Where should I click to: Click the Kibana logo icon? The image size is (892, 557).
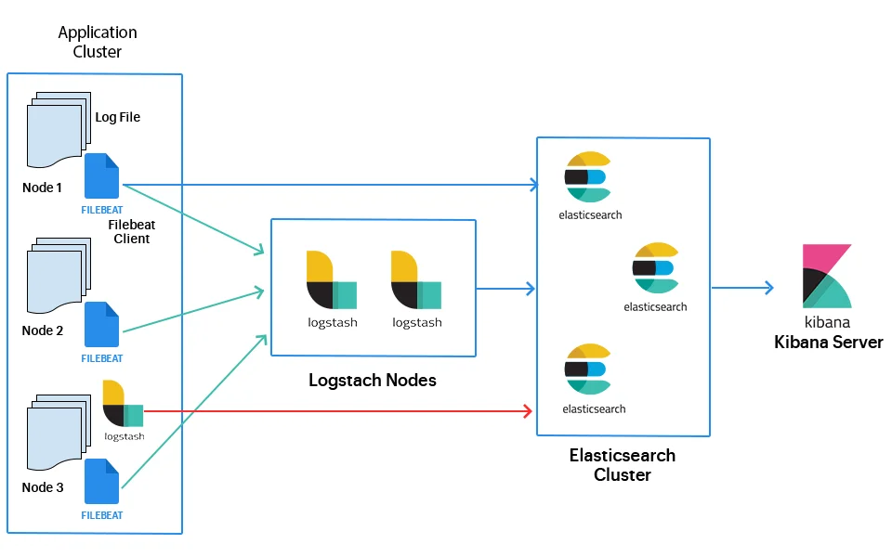pyautogui.click(x=827, y=277)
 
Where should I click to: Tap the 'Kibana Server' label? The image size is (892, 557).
pyautogui.click(x=828, y=343)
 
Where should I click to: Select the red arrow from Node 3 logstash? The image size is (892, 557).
pyautogui.click(x=334, y=410)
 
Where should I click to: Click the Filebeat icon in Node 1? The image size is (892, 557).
pyautogui.click(x=102, y=176)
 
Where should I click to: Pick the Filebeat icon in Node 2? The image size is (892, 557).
pyautogui.click(x=102, y=324)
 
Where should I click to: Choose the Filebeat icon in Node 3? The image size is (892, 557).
pyautogui.click(x=102, y=482)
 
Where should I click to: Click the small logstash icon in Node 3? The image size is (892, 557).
pyautogui.click(x=123, y=404)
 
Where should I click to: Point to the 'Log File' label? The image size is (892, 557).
pyautogui.click(x=118, y=118)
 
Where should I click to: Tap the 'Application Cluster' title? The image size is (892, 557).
pyautogui.click(x=97, y=42)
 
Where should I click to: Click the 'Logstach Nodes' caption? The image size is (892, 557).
pyautogui.click(x=372, y=381)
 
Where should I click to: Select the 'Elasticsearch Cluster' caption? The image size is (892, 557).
pyautogui.click(x=623, y=465)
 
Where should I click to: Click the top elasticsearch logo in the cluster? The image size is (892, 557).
pyautogui.click(x=587, y=176)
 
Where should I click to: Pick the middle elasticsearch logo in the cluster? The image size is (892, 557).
pyautogui.click(x=656, y=268)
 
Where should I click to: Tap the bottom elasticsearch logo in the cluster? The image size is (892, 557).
pyautogui.click(x=587, y=369)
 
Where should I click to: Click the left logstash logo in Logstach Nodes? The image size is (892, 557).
pyautogui.click(x=332, y=279)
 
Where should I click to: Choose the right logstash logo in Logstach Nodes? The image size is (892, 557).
pyautogui.click(x=416, y=279)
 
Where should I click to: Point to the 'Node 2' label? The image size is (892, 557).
pyautogui.click(x=43, y=330)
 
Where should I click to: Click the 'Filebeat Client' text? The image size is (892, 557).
pyautogui.click(x=129, y=231)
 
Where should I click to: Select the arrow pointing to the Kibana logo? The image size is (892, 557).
pyautogui.click(x=743, y=288)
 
